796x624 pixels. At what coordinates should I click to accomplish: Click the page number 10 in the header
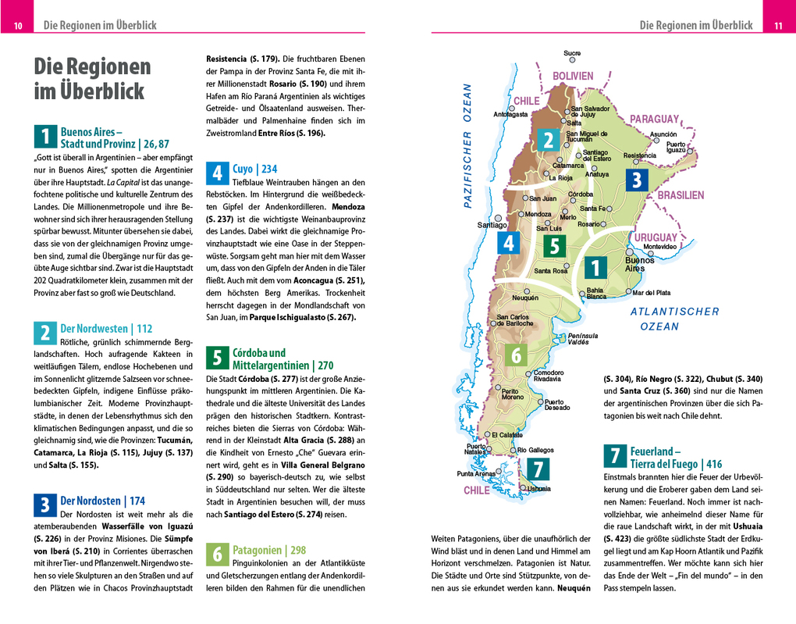17,26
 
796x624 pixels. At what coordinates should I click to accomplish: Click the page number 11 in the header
778,26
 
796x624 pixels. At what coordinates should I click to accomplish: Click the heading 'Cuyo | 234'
254,169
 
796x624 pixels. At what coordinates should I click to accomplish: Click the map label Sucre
572,53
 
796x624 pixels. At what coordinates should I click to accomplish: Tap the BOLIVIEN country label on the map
574,76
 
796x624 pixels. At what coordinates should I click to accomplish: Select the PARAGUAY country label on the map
655,119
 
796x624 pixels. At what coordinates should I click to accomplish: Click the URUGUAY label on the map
655,237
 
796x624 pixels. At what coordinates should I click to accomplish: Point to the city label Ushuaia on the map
538,489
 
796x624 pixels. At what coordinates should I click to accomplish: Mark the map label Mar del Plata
652,293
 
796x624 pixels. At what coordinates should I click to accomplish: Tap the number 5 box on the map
553,246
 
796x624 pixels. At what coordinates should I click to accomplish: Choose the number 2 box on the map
549,140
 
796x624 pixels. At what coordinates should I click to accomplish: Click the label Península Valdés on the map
583,339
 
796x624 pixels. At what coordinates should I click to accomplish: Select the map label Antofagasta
511,115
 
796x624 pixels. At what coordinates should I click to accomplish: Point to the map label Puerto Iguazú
676,147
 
